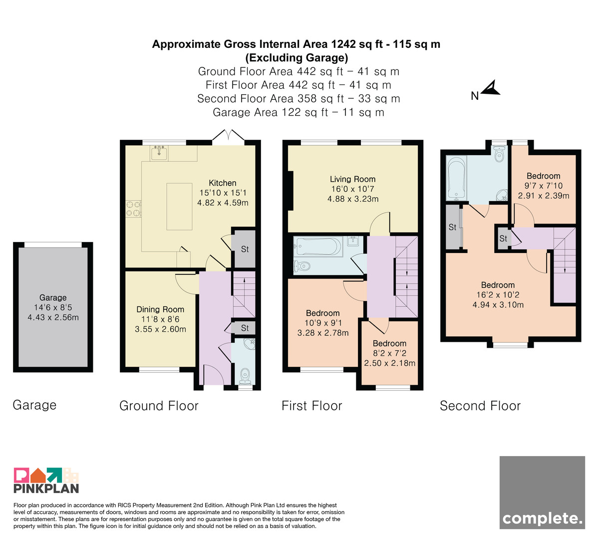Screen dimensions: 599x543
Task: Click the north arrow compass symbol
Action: click(x=490, y=89)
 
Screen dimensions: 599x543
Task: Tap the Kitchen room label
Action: click(x=223, y=183)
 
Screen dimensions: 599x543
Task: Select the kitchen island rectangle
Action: click(x=179, y=207)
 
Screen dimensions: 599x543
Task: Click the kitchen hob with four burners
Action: click(x=133, y=209)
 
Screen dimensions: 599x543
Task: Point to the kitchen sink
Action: click(x=159, y=153)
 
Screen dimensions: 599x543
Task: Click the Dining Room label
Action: click(x=160, y=309)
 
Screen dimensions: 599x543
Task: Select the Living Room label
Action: click(x=352, y=179)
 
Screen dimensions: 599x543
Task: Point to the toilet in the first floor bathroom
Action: click(x=302, y=266)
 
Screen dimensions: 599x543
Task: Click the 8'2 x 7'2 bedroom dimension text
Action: click(x=390, y=353)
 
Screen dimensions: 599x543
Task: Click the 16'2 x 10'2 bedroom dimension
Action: click(x=498, y=295)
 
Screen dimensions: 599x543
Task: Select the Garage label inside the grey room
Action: click(x=53, y=297)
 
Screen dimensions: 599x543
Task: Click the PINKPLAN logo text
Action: click(x=46, y=489)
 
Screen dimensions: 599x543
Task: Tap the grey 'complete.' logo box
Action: click(x=542, y=493)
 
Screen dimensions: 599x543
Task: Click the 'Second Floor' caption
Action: click(x=480, y=406)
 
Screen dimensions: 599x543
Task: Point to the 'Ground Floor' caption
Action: click(x=159, y=406)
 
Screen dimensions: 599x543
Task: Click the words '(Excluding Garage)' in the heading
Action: click(x=297, y=58)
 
